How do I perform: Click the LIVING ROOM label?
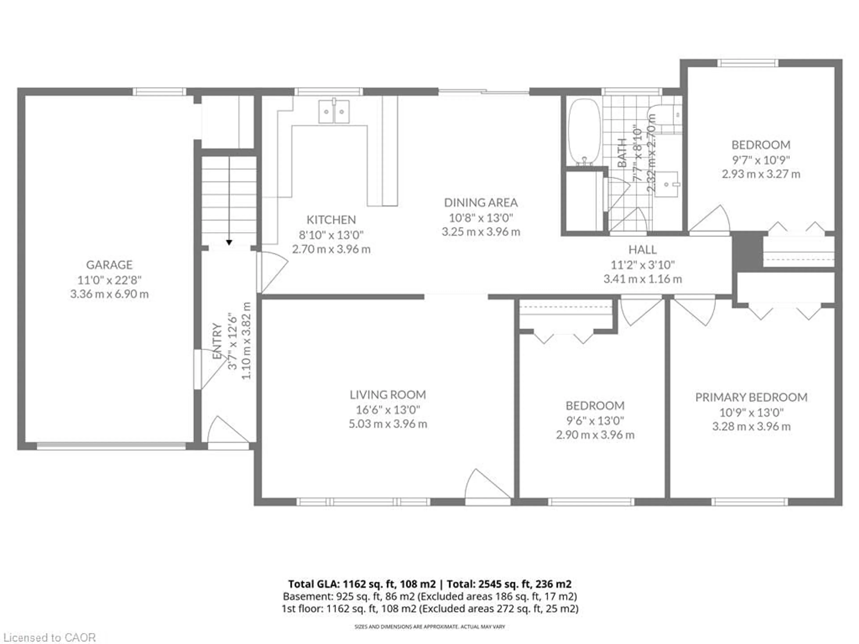tap(388, 395)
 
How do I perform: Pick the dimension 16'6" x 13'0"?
tap(388, 409)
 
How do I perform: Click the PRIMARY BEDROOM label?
tap(751, 398)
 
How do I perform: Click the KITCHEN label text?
tap(331, 220)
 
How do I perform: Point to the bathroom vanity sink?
tap(666, 184)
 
